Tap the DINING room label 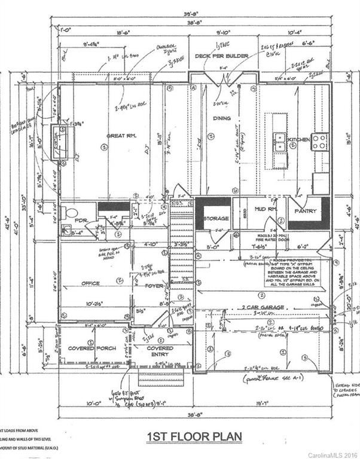tap(222, 118)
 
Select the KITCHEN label tap(299, 139)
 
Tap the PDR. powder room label tap(83, 220)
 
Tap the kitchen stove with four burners tap(319, 142)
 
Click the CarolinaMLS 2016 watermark tap(332, 454)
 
